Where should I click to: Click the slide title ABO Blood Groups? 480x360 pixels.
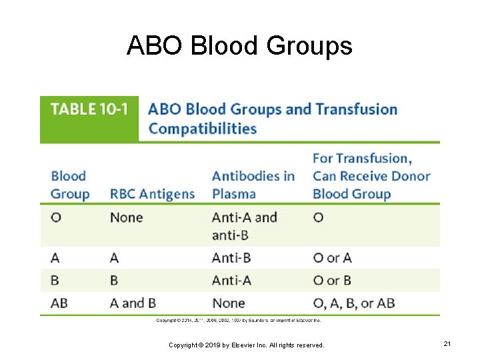coord(239,46)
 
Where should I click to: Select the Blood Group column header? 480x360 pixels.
coord(69,185)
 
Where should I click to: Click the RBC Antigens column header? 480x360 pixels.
coord(152,194)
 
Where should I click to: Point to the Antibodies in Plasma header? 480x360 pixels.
coord(253,185)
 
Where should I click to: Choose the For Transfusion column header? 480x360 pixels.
coord(371,177)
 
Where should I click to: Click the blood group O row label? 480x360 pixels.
coord(56,217)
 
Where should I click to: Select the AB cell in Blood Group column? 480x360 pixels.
coord(59,303)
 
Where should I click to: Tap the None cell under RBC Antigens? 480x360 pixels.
coord(126,217)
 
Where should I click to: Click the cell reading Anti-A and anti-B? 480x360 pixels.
coord(244,226)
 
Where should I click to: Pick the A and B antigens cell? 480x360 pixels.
coord(137,303)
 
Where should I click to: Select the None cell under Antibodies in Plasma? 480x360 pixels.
coord(228,303)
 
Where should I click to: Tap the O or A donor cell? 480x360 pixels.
coord(332,257)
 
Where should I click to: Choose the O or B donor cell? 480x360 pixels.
coord(332,280)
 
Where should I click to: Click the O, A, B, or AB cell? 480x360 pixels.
coord(353,303)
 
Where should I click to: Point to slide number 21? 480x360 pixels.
coord(447,344)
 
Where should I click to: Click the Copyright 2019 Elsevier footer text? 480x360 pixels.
coord(246,345)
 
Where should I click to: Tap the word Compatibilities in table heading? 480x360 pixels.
coord(202,129)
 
